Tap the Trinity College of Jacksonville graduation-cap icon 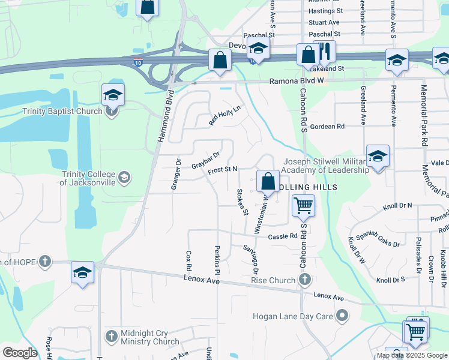tap(124, 177)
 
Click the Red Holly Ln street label tap(224, 115)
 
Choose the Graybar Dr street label tap(205, 160)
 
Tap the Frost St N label tap(223, 171)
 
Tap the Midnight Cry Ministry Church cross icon tap(111, 335)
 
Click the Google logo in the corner tap(20, 353)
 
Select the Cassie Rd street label tap(283, 236)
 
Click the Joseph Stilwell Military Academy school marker tap(378, 157)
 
